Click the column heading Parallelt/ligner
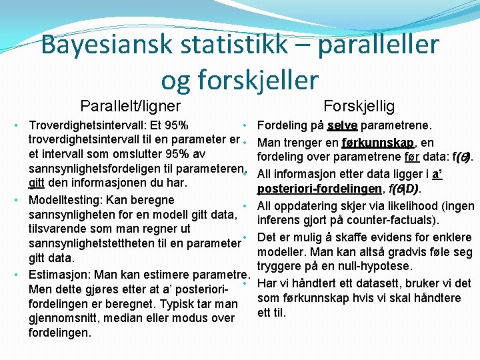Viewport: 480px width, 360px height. [x=130, y=105]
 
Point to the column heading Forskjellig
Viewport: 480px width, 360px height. [x=359, y=105]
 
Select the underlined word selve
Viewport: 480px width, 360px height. [x=342, y=125]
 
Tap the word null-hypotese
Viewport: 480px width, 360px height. [x=382, y=267]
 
